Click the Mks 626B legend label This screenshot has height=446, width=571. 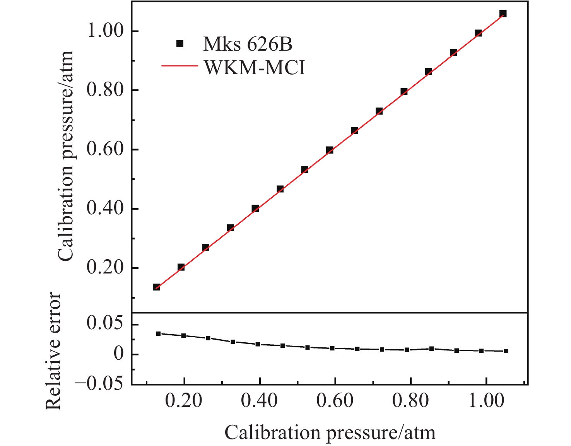(x=248, y=44)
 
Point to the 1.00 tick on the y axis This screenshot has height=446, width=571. (x=107, y=31)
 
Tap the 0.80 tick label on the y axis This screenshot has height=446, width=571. (x=107, y=90)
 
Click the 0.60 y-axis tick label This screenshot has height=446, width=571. (x=107, y=149)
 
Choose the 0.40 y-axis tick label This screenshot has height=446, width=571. (x=107, y=208)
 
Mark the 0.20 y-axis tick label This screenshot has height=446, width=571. (x=107, y=268)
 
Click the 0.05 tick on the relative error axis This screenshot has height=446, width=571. (x=107, y=324)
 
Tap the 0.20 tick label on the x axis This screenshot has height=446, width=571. (x=184, y=401)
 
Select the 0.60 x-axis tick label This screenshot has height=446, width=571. (x=335, y=401)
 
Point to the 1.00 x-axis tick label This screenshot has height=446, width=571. (x=486, y=401)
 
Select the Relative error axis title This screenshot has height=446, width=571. (x=54, y=351)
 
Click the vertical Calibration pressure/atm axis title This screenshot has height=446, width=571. (x=65, y=156)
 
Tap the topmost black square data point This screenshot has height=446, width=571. (x=503, y=14)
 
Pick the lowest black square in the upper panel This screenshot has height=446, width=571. (x=156, y=287)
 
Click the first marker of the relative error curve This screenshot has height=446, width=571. (x=158, y=333)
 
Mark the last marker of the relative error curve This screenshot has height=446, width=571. (x=506, y=351)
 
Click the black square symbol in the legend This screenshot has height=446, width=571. (x=180, y=44)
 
